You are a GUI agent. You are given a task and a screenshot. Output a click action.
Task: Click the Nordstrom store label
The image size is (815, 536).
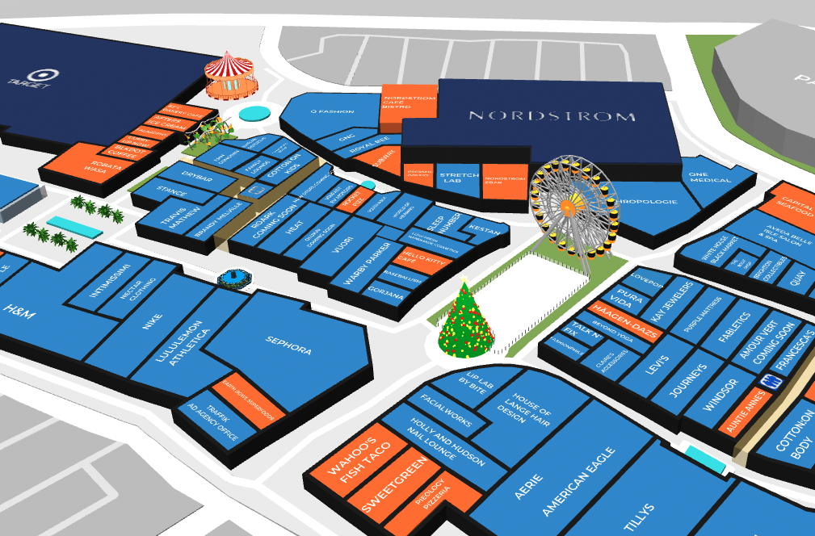(x=552, y=116)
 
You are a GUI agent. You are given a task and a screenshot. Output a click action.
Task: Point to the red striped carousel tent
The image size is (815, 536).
(x=229, y=73)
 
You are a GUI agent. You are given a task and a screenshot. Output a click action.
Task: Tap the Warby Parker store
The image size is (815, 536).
(x=368, y=263)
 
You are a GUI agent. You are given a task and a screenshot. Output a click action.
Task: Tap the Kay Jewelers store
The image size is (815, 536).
(x=673, y=304)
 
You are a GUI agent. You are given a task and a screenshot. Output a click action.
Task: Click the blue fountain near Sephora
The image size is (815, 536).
(x=235, y=278)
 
